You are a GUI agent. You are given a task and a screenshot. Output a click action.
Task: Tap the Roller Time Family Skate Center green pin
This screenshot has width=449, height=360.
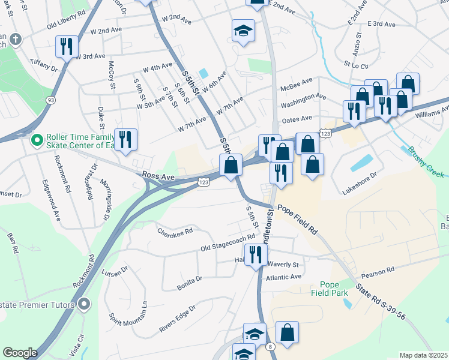coord(37,140)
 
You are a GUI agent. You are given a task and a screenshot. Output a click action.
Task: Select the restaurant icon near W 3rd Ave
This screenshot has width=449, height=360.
coord(65,46)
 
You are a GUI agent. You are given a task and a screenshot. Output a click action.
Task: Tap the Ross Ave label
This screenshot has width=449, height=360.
coord(158,176)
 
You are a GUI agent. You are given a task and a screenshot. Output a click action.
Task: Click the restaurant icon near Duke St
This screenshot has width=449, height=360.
coord(125,139)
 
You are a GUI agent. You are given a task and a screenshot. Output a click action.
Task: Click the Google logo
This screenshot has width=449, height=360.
coord(20,353)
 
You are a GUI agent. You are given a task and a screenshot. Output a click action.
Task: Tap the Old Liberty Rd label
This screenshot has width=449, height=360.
coord(65,24)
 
